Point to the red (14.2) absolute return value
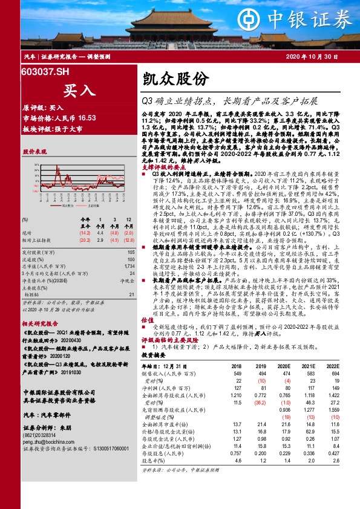[84, 232]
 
